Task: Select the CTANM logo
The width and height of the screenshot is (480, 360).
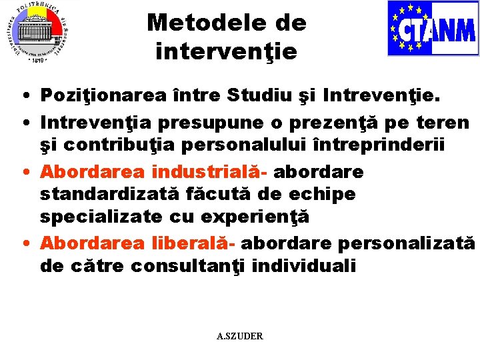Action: point(433,29)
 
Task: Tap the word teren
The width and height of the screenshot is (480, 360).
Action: point(444,123)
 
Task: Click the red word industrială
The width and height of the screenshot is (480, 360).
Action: point(209,171)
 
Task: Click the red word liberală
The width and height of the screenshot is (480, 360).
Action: point(189,243)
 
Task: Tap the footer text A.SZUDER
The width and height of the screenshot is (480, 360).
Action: point(240,336)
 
